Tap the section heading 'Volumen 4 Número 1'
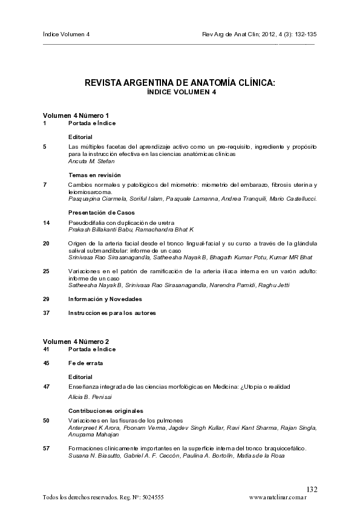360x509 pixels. (76, 115)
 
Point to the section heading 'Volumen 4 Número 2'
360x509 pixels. (76, 342)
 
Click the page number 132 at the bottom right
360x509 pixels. (312, 488)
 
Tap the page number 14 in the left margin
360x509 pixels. (47, 222)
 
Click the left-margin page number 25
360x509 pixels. (47, 271)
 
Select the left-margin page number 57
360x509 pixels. (47, 448)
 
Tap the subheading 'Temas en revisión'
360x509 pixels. (90, 174)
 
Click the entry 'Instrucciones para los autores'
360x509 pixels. (112, 313)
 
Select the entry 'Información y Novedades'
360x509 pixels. (105, 299)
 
